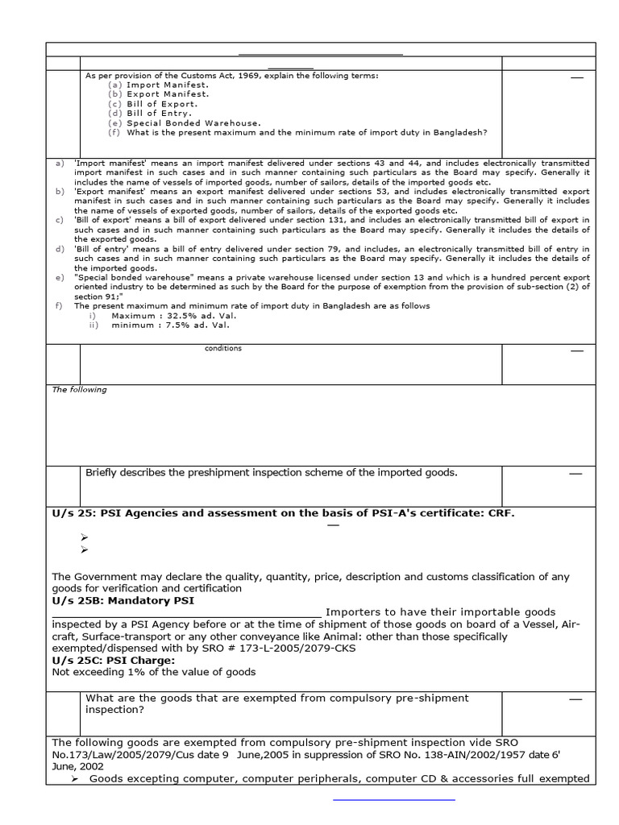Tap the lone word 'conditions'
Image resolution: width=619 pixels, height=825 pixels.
(223, 349)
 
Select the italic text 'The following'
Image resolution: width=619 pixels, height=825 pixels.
(79, 390)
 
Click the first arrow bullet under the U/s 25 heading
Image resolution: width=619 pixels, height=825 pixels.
(85, 537)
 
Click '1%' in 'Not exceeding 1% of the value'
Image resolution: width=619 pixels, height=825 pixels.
(135, 672)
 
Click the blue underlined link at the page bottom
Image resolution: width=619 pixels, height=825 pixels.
(394, 798)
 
